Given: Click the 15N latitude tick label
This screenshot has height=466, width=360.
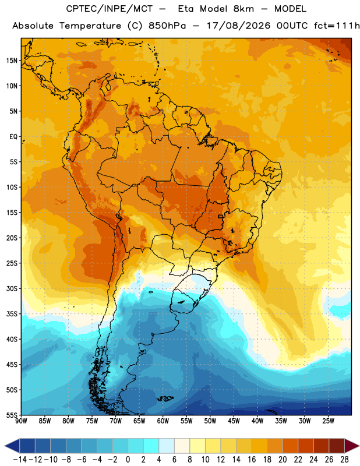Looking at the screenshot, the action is click(x=12, y=61).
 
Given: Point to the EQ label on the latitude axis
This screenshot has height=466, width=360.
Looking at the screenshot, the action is click(x=13, y=137).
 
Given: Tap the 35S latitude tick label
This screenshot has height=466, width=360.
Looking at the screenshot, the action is click(x=12, y=314).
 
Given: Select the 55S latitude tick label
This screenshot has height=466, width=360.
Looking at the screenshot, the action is click(x=12, y=415).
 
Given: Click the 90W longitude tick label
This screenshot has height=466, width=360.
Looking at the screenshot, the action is click(x=21, y=421).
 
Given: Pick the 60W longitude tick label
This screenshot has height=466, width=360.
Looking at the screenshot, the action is click(x=163, y=421).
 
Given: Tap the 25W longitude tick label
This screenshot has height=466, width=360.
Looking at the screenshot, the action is click(x=328, y=421).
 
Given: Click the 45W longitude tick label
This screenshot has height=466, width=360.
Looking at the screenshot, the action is click(x=234, y=421).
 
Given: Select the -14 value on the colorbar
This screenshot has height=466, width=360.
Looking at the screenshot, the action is click(x=20, y=460).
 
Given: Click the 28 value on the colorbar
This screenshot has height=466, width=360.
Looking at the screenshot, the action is click(x=344, y=460).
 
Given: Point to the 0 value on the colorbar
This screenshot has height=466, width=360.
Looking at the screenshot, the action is click(x=128, y=460).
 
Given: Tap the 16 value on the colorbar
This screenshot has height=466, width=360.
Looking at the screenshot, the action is click(x=252, y=460).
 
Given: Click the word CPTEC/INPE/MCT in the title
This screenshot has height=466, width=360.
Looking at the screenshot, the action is click(x=109, y=9).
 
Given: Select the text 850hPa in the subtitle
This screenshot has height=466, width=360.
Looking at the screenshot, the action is click(x=167, y=26).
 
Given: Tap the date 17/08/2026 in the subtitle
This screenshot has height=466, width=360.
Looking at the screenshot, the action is click(x=238, y=26).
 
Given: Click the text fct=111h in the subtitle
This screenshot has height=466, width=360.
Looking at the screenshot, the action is click(x=337, y=26).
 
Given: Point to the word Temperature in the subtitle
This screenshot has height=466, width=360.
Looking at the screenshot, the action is click(x=90, y=26).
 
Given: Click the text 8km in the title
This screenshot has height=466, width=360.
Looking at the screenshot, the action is click(x=243, y=9).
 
